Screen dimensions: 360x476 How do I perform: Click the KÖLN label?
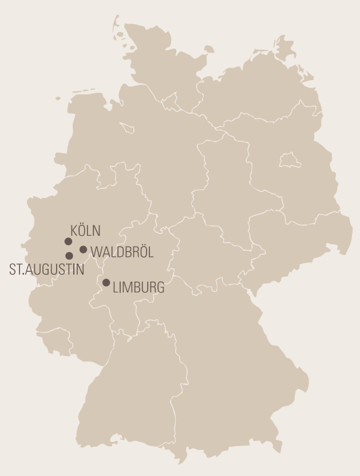85,231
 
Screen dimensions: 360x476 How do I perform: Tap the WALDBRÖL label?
122,252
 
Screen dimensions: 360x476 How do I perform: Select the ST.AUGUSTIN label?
46,269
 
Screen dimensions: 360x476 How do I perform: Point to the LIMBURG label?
139,287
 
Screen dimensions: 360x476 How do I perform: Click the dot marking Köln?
69,241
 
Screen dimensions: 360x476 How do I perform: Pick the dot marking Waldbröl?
84,249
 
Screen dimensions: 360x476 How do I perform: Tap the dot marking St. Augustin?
69,256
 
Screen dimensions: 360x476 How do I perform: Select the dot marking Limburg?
106,283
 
